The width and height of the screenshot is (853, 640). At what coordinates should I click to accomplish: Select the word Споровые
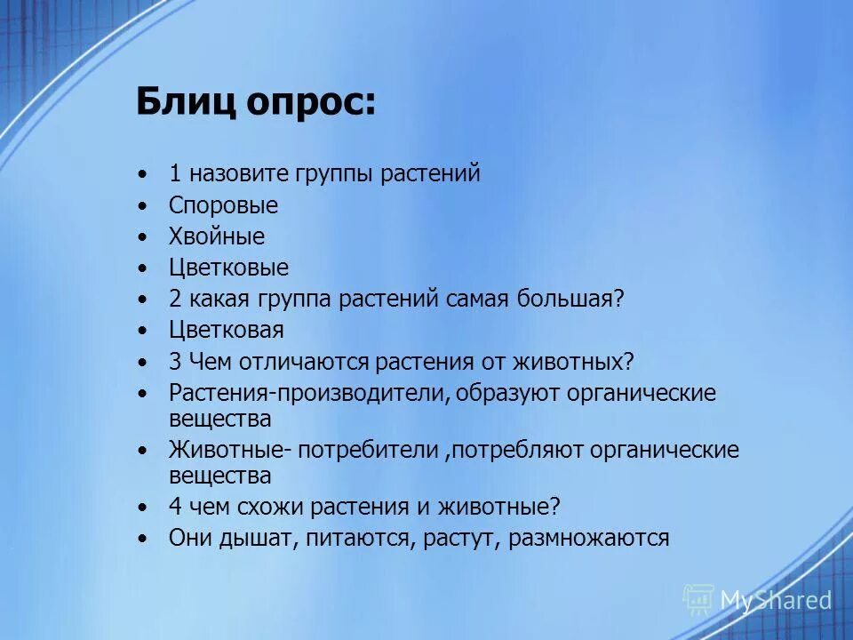click(x=223, y=206)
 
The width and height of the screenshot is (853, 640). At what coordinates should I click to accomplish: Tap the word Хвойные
click(x=217, y=237)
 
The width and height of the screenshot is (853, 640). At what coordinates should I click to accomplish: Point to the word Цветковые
click(x=228, y=268)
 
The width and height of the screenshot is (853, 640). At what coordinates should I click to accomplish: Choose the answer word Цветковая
click(x=227, y=331)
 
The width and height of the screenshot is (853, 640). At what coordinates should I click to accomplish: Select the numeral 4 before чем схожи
click(x=175, y=508)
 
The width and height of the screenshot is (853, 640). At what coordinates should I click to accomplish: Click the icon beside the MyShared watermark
click(x=698, y=600)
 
